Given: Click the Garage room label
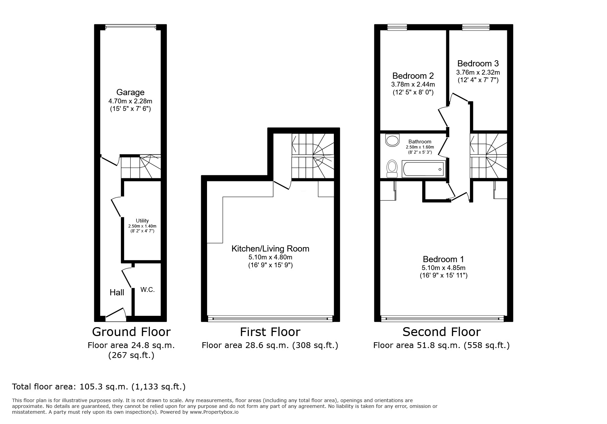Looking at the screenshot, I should [x=130, y=92].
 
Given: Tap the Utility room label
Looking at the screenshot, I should [x=142, y=221].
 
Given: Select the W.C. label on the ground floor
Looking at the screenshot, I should [x=147, y=290].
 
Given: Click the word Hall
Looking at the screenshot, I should [x=117, y=292].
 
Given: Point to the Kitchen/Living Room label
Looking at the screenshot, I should [x=270, y=249].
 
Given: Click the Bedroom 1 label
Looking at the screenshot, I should [x=444, y=259].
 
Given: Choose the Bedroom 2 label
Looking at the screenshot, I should [x=413, y=76].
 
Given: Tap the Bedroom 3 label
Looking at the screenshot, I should [x=478, y=64].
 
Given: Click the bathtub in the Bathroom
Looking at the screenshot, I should [x=424, y=169].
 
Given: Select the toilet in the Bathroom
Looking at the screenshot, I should [x=391, y=168].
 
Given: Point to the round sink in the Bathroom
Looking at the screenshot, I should [x=392, y=140].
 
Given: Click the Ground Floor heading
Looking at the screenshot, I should [x=131, y=332].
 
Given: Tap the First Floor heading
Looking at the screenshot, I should [x=270, y=332].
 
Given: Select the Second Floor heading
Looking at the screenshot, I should [x=441, y=332].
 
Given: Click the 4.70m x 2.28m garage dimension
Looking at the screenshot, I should [x=130, y=101].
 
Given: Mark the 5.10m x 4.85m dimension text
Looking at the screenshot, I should [x=444, y=268].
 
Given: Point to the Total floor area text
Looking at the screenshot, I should [x=99, y=387].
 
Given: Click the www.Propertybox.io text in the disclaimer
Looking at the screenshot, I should [x=214, y=412].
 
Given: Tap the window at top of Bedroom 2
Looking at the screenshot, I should [x=397, y=27].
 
